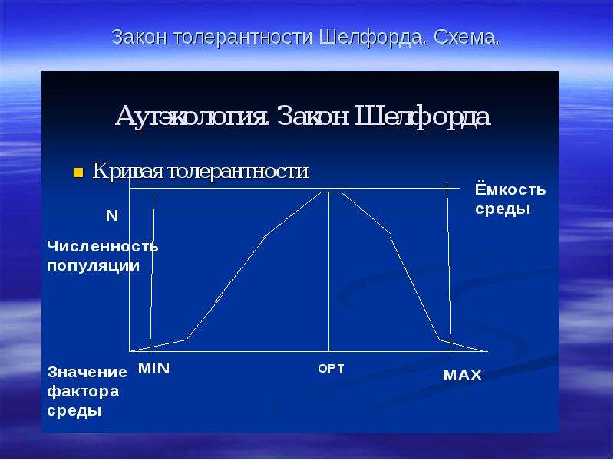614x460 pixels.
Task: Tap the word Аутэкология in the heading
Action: pyautogui.click(x=193, y=117)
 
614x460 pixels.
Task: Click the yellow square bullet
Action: pyautogui.click(x=78, y=172)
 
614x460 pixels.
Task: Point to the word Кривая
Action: pyautogui.click(x=128, y=170)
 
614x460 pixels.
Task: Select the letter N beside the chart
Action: pyautogui.click(x=112, y=216)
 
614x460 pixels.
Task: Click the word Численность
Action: pyautogui.click(x=103, y=246)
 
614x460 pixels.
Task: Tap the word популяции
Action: pyautogui.click(x=93, y=266)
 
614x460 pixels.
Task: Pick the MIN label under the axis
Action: pyautogui.click(x=154, y=369)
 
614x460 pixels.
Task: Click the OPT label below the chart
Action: pyautogui.click(x=331, y=369)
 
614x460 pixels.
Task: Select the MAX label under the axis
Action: pyautogui.click(x=463, y=376)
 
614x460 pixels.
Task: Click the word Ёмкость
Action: pyautogui.click(x=510, y=189)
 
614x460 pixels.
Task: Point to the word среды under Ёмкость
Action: pyautogui.click(x=503, y=209)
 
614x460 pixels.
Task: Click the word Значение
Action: pyautogui.click(x=87, y=372)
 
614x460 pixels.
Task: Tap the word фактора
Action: pyautogui.click(x=83, y=392)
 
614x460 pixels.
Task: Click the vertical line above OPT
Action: pyautogui.click(x=329, y=271)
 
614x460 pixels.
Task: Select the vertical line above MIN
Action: pyautogui.click(x=152, y=274)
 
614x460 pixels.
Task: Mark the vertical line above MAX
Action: pyautogui.click(x=449, y=265)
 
